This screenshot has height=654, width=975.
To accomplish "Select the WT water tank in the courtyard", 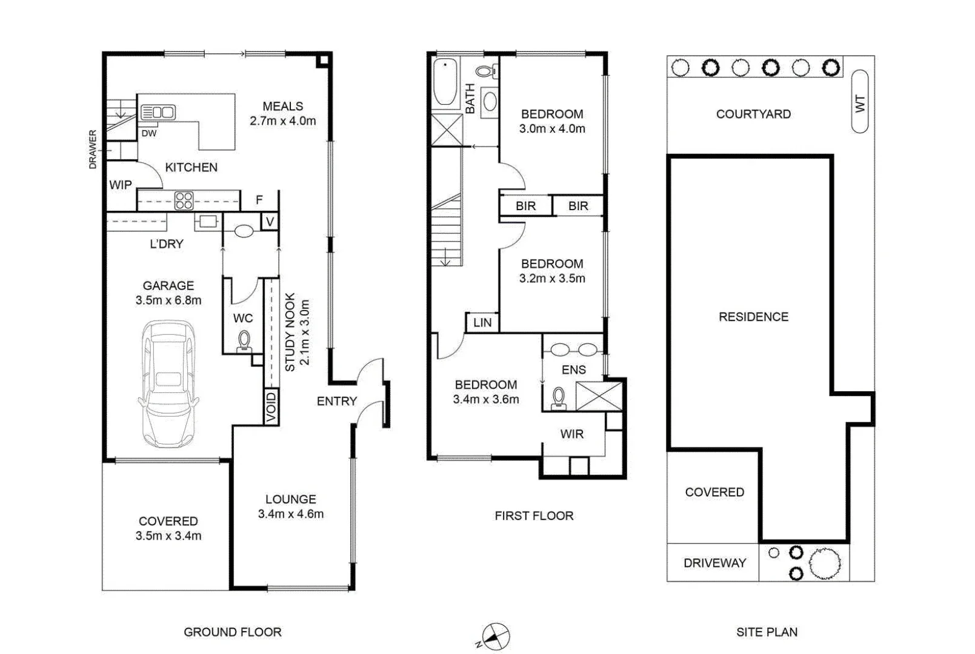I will pyautogui.click(x=859, y=101).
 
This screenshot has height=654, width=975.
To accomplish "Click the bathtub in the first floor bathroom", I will pyautogui.click(x=445, y=82).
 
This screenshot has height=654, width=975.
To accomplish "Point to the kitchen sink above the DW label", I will pyautogui.click(x=158, y=112).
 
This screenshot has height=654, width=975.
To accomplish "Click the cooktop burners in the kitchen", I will pyautogui.click(x=184, y=200).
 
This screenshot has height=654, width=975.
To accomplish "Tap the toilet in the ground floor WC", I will pyautogui.click(x=244, y=341).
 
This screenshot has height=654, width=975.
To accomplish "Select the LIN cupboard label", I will pyautogui.click(x=482, y=323).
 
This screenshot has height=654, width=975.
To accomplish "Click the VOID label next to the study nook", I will pyautogui.click(x=271, y=406).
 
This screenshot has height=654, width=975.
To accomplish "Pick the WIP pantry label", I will pyautogui.click(x=120, y=185).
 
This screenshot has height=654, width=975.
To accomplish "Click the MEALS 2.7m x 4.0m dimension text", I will pyautogui.click(x=282, y=121).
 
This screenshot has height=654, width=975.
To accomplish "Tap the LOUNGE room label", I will pyautogui.click(x=290, y=499).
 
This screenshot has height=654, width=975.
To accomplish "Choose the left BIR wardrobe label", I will pyautogui.click(x=525, y=206).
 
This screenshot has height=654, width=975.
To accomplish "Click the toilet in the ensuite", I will pyautogui.click(x=558, y=398).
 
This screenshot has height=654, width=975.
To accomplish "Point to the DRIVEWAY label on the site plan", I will pyautogui.click(x=714, y=563).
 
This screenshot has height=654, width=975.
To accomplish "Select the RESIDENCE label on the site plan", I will pyautogui.click(x=753, y=317).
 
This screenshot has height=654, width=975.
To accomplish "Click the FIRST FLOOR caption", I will pyautogui.click(x=534, y=516).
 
